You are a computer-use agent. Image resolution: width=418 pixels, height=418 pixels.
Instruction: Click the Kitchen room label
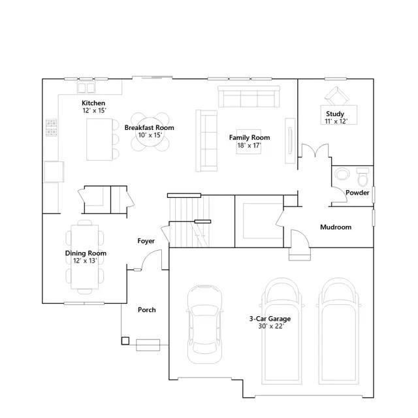click(93, 103)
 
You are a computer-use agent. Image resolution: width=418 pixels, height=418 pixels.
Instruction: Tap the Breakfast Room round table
click(150, 132)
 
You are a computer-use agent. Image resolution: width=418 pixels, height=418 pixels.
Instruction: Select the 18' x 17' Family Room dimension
click(249, 146)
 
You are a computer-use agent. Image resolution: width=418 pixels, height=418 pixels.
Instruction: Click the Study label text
click(335, 114)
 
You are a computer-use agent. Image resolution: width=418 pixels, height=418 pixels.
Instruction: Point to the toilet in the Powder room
click(362, 176)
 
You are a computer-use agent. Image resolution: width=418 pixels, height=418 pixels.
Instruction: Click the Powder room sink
click(342, 174)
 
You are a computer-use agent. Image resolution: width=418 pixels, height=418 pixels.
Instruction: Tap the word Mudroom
click(336, 227)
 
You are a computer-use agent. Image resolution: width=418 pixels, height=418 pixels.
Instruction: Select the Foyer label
click(146, 241)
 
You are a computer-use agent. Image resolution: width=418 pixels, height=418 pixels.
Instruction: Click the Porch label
click(147, 310)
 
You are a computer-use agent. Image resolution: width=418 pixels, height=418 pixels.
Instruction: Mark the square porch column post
click(125, 341)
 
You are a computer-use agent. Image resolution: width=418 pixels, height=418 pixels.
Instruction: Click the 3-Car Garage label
click(270, 319)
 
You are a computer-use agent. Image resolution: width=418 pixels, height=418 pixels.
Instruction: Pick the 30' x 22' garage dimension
click(271, 326)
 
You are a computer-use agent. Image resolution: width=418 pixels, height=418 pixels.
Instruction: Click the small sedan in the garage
click(204, 324)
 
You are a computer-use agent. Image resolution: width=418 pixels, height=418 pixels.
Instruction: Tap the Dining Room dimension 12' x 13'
click(85, 261)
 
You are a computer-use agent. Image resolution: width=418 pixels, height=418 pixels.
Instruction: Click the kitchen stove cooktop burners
click(52, 127)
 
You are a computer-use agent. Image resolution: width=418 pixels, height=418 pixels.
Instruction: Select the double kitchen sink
click(86, 88)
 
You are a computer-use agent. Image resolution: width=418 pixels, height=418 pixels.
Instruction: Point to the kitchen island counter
click(99, 139)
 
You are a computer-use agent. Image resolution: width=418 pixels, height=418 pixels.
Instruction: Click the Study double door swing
click(315, 150)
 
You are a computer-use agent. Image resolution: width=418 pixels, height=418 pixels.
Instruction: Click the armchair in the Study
click(336, 96)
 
